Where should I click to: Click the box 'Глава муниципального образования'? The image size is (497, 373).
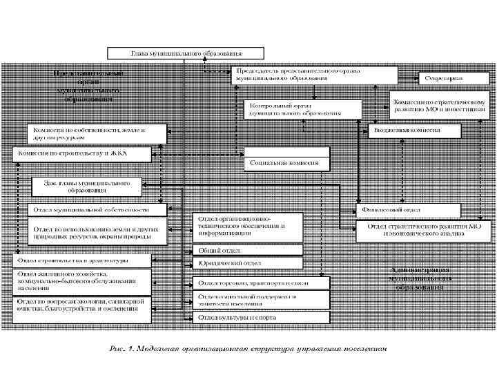click(x=183, y=52)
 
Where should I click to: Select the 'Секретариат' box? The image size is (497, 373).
click(x=438, y=78)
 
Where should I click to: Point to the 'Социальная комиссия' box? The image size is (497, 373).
click(x=289, y=162)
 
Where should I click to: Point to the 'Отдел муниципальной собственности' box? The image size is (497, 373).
click(x=97, y=209)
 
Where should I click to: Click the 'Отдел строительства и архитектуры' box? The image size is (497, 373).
click(x=83, y=261)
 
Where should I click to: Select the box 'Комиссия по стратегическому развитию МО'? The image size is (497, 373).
click(x=440, y=104)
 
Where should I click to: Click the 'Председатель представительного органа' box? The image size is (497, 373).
click(x=315, y=75)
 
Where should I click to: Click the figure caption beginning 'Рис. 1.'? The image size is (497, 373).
click(x=248, y=349)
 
